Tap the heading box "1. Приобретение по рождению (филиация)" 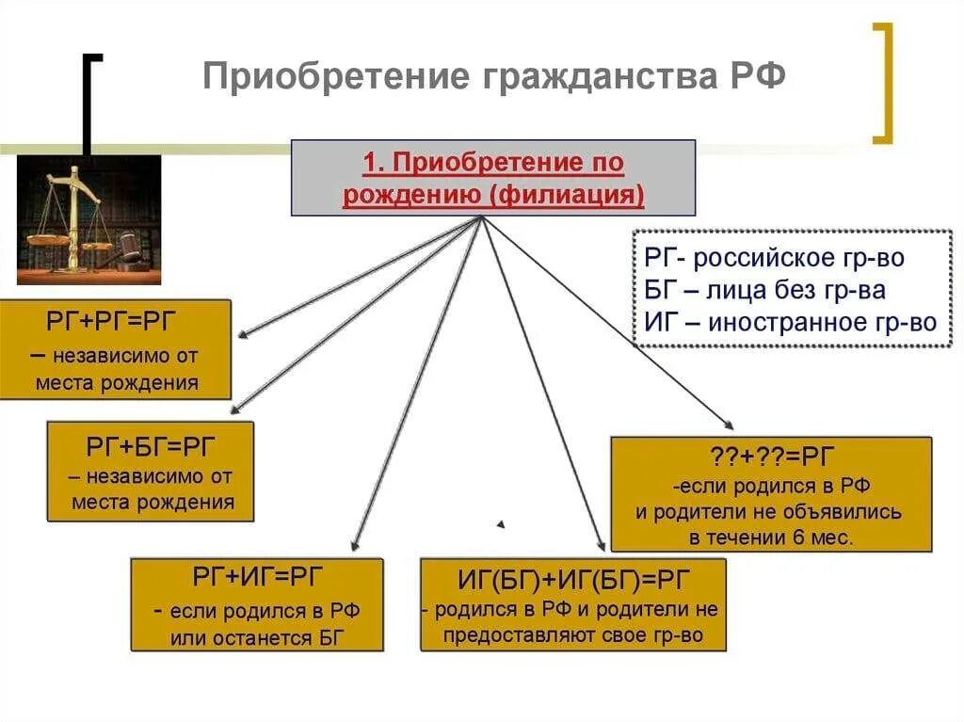tap(492, 179)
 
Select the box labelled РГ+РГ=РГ tap(115, 349)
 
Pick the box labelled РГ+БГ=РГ tap(152, 471)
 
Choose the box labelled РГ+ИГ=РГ tap(256, 604)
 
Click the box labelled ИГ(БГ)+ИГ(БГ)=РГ tap(573, 604)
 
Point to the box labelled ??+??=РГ tap(770, 493)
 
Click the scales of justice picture tap(88, 219)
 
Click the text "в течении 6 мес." tap(770, 538)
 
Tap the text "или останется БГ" tap(257, 637)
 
